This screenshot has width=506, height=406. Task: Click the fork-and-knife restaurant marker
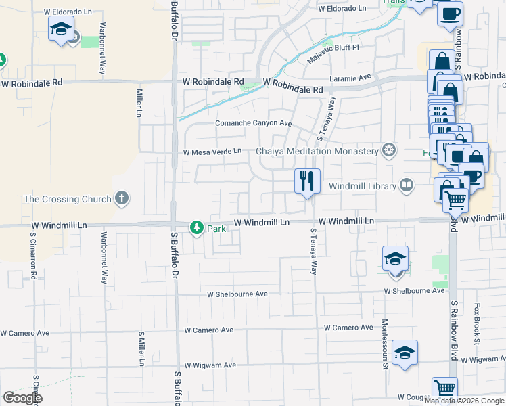tap(307, 181)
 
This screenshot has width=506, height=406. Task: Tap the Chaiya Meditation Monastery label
tap(317, 150)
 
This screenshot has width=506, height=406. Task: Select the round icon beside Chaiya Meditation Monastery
tap(389, 150)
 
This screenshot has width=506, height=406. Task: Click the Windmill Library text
tap(362, 185)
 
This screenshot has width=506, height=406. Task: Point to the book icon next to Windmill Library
tap(406, 185)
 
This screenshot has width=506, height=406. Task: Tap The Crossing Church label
tap(67, 199)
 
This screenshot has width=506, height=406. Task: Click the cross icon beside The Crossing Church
tap(121, 198)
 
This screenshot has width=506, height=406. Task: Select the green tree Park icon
tap(196, 227)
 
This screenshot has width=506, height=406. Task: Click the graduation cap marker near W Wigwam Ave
tap(405, 353)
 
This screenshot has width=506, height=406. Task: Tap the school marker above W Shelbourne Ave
tap(396, 259)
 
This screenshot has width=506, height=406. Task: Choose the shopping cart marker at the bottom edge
tap(444, 390)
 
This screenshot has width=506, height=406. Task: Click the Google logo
tap(22, 398)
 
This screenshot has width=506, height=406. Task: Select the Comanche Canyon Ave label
tap(253, 123)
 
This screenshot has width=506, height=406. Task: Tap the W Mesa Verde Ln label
tap(212, 152)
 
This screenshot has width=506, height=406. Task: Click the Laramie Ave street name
tap(351, 78)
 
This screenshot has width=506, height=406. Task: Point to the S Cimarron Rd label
tap(32, 257)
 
